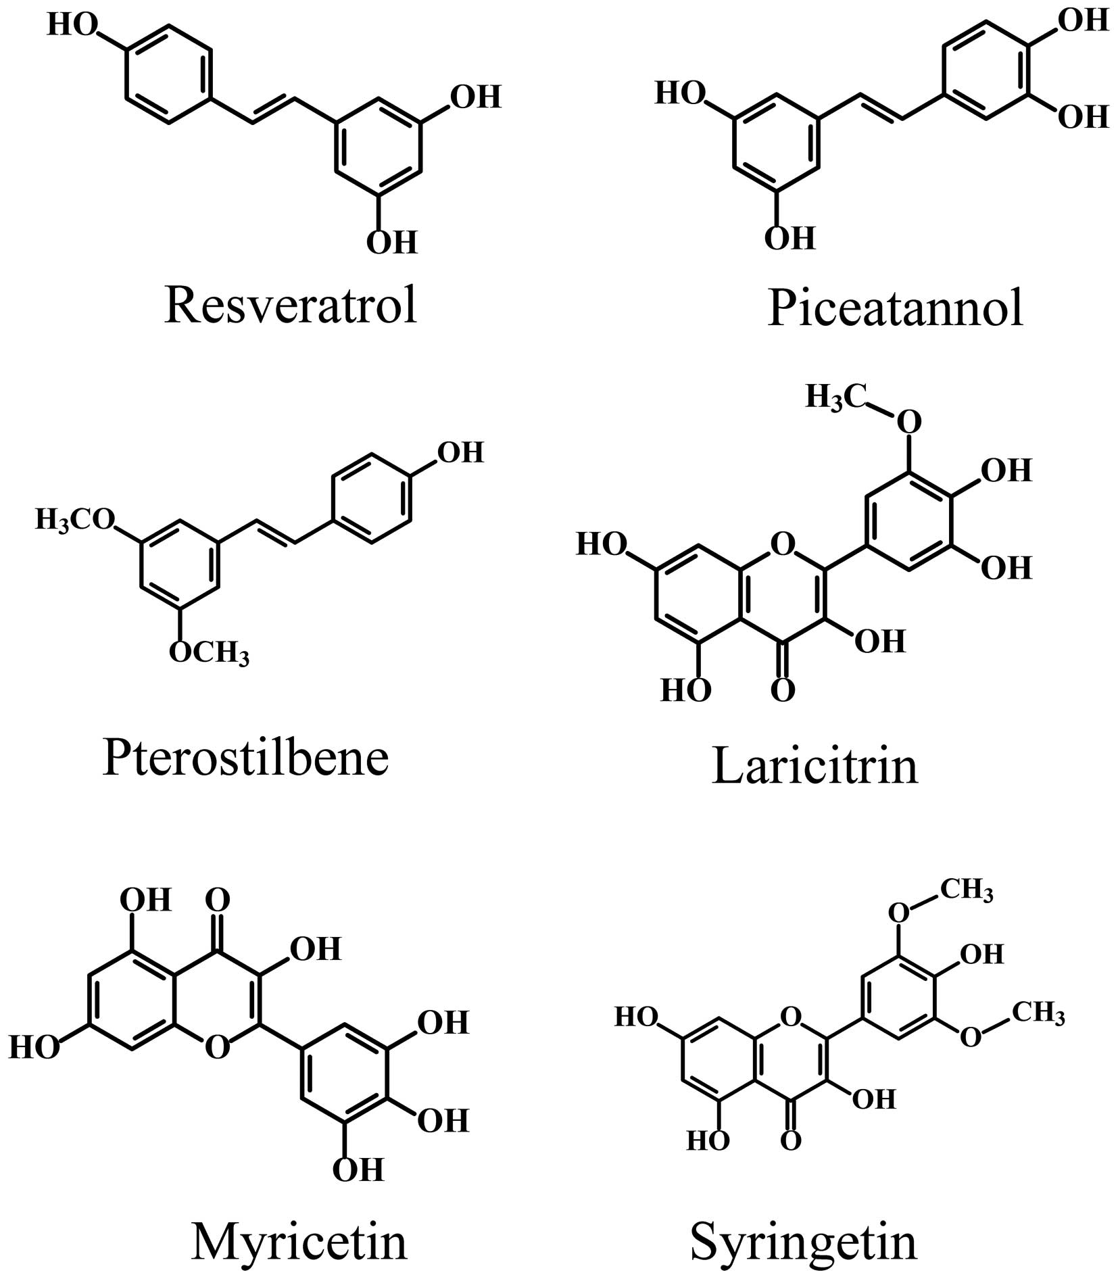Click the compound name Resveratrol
[291, 306]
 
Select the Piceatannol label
[895, 310]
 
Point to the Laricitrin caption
[815, 767]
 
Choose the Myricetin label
[299, 1242]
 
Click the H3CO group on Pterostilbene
[74, 521]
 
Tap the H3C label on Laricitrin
[835, 398]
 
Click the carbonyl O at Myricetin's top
[218, 900]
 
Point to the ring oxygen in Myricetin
[217, 1047]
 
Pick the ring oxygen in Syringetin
[790, 1015]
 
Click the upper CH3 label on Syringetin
[967, 890]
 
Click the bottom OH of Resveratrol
[392, 242]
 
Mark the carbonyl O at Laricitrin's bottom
[783, 691]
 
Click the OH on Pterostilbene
[461, 452]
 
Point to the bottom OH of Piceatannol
[789, 238]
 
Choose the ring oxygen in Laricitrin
[782, 544]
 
